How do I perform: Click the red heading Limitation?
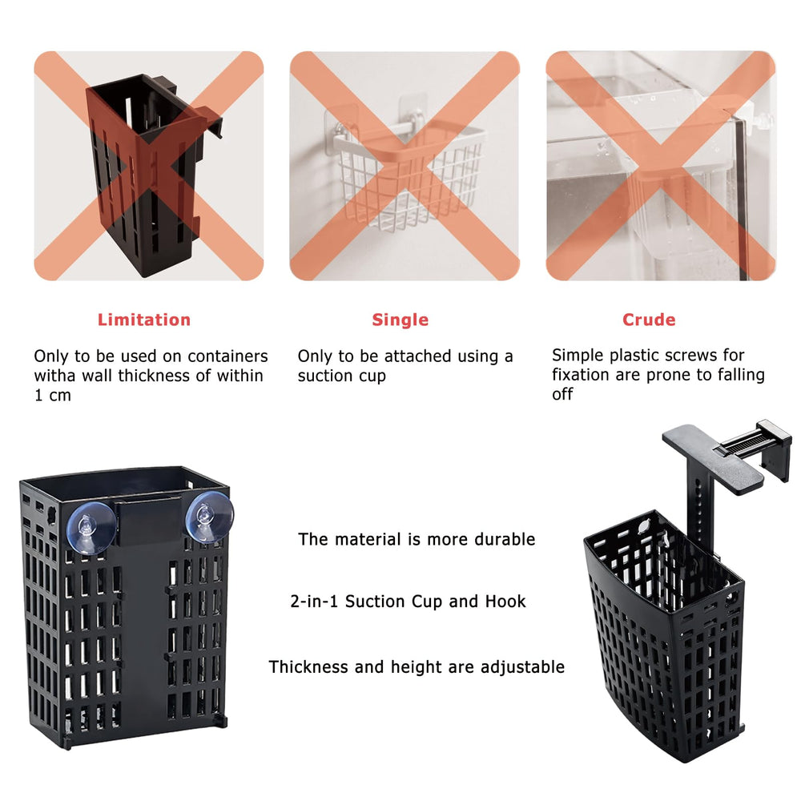click(x=144, y=320)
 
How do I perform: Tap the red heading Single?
click(x=400, y=320)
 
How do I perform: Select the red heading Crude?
click(x=649, y=320)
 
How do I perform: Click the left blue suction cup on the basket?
click(x=91, y=527)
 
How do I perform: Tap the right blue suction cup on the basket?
click(x=209, y=517)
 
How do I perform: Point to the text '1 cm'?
click(x=53, y=396)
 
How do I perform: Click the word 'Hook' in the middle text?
click(x=505, y=602)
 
